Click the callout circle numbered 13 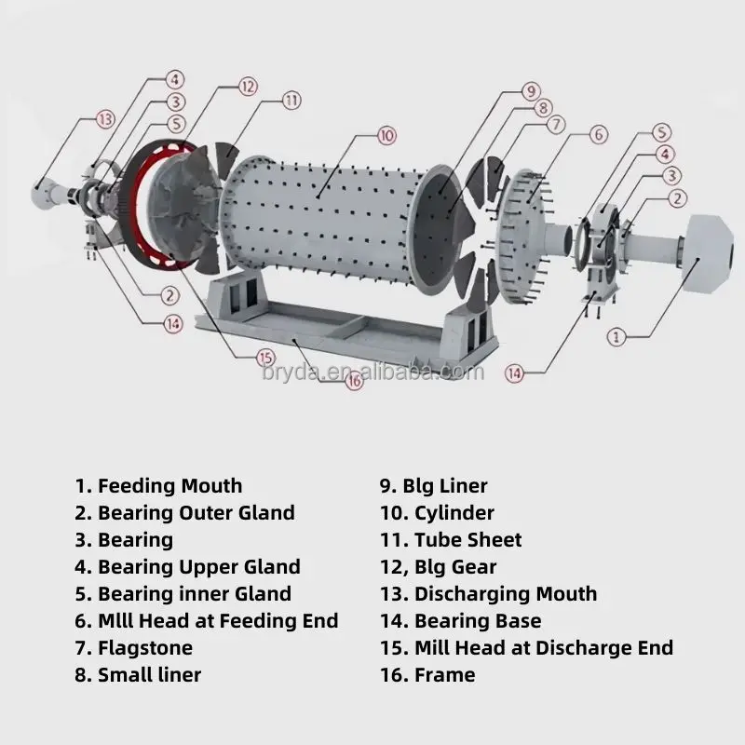[104, 118]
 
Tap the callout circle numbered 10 [386, 135]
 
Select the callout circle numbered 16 [353, 380]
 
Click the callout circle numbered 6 [599, 134]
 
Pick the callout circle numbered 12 [246, 86]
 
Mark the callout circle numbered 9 [530, 91]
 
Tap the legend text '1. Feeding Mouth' [158, 486]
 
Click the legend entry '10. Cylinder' [436, 513]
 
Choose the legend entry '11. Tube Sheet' [450, 540]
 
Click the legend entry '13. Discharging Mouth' [488, 594]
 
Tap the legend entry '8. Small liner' [138, 674]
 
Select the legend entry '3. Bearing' [124, 540]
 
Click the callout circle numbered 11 [291, 100]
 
